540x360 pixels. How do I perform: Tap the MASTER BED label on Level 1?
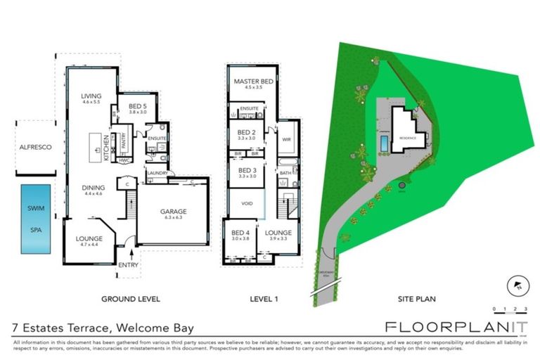tap(253, 82)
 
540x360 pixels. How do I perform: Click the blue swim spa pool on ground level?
tap(35, 219)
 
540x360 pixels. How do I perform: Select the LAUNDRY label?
tap(156, 172)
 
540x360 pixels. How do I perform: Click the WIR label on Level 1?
tap(286, 139)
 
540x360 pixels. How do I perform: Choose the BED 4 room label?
tap(240, 232)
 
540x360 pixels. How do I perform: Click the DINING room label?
tap(94, 188)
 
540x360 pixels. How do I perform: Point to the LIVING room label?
tap(91, 96)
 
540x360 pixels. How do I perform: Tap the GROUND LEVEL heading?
tap(131, 299)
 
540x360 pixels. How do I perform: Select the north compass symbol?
tap(517, 285)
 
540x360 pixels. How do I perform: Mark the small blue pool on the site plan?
tap(382, 143)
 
